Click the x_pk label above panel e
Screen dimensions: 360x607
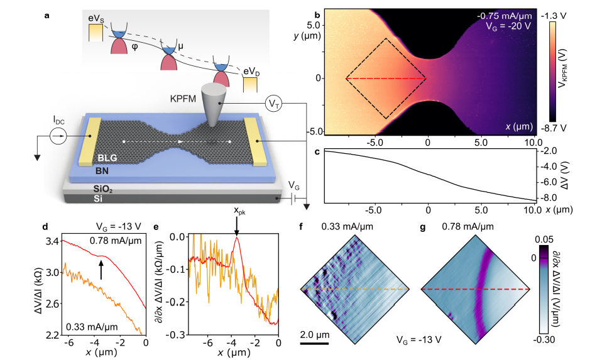pyautogui.click(x=236, y=224)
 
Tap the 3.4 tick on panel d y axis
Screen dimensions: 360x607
pyautogui.click(x=52, y=241)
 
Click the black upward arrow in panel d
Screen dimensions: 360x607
pyautogui.click(x=101, y=270)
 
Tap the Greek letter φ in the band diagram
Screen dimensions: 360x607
pyautogui.click(x=134, y=45)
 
